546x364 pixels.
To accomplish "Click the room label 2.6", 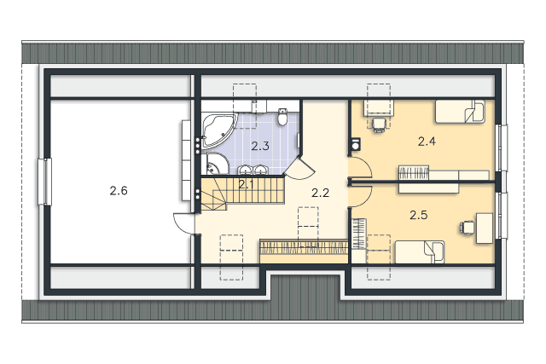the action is pyautogui.click(x=119, y=191).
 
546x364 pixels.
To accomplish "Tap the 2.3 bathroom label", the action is pyautogui.click(x=260, y=146).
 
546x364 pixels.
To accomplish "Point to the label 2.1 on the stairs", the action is pyautogui.click(x=247, y=184).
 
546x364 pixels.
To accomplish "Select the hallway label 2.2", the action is pyautogui.click(x=320, y=193).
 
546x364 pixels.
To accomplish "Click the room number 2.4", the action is pyautogui.click(x=427, y=142).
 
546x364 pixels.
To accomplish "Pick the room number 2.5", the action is pyautogui.click(x=419, y=215).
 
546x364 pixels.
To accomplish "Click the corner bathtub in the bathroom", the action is pyautogui.click(x=218, y=130).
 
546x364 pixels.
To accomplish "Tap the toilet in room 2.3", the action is pyautogui.click(x=282, y=116).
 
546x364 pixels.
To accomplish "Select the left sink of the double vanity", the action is pyautogui.click(x=246, y=170).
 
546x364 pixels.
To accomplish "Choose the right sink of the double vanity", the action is pyautogui.click(x=259, y=170).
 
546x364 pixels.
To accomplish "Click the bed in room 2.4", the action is pyautogui.click(x=460, y=112).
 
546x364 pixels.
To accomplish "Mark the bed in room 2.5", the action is pyautogui.click(x=420, y=252).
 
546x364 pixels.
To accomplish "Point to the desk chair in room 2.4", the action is pyautogui.click(x=379, y=124).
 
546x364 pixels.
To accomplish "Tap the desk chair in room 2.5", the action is pyautogui.click(x=467, y=228).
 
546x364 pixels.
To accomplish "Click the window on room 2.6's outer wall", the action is pyautogui.click(x=44, y=182).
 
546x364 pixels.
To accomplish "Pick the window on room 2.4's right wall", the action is pyautogui.click(x=501, y=147).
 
